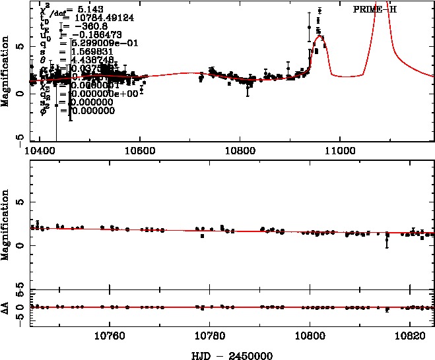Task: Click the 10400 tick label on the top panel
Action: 39,150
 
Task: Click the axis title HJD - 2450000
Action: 230,354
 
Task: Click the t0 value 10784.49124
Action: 93,19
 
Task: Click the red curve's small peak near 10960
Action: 319,37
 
